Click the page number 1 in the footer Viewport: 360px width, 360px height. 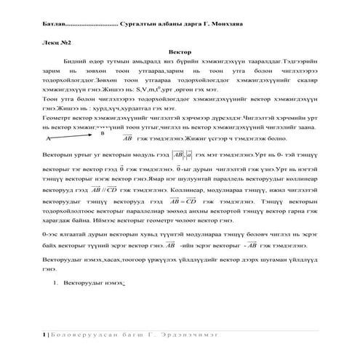(45, 334)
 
